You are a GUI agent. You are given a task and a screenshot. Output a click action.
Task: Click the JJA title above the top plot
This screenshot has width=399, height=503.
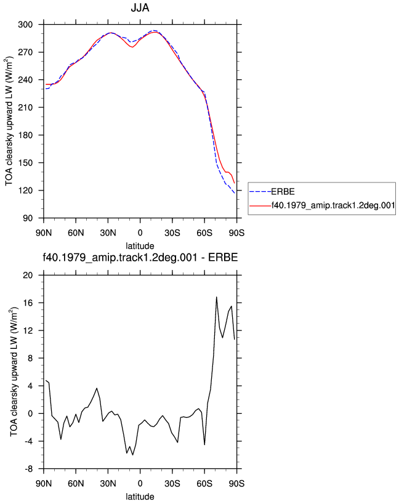coord(140,7)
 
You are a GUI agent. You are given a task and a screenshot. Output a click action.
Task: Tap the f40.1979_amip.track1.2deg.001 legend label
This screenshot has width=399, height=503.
coord(333,205)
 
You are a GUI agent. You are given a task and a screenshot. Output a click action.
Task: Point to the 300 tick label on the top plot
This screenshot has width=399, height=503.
coord(25,25)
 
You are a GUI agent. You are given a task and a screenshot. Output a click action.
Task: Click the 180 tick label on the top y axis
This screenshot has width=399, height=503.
coord(25,135)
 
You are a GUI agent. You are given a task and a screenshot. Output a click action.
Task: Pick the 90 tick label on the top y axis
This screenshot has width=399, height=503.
coord(28,218)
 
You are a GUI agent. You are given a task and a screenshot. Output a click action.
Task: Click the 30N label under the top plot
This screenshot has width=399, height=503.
coord(108,232)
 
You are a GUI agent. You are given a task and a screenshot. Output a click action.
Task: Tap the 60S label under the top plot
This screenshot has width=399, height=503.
coord(204,232)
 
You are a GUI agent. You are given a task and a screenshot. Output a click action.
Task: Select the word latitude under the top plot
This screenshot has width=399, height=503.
coord(140,246)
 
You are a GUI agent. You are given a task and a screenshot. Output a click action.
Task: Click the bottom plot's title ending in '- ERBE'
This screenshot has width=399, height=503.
coord(140,257)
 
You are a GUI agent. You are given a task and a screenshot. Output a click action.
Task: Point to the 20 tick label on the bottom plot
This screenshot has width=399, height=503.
coord(28,276)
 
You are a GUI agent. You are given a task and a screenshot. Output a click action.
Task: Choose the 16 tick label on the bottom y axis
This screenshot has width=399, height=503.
coord(28,303)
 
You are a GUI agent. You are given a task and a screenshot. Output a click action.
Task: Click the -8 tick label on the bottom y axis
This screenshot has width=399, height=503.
coord(28,469)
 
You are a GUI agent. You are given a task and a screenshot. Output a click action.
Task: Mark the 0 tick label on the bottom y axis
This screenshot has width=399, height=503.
coord(30,414)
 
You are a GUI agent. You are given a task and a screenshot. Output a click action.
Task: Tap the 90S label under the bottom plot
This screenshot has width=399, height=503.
coord(236,483)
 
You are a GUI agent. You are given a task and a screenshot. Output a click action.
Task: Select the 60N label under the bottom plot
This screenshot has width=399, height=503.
coord(76,483)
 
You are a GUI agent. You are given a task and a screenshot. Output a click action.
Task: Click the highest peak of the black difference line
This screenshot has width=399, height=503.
coord(217,297)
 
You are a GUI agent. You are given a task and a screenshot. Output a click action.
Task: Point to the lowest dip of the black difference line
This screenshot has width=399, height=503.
coord(132,455)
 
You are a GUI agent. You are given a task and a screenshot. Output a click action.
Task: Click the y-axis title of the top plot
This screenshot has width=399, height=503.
coord(9,121)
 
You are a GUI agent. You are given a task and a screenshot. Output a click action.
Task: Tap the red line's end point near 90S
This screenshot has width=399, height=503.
coord(235,183)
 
